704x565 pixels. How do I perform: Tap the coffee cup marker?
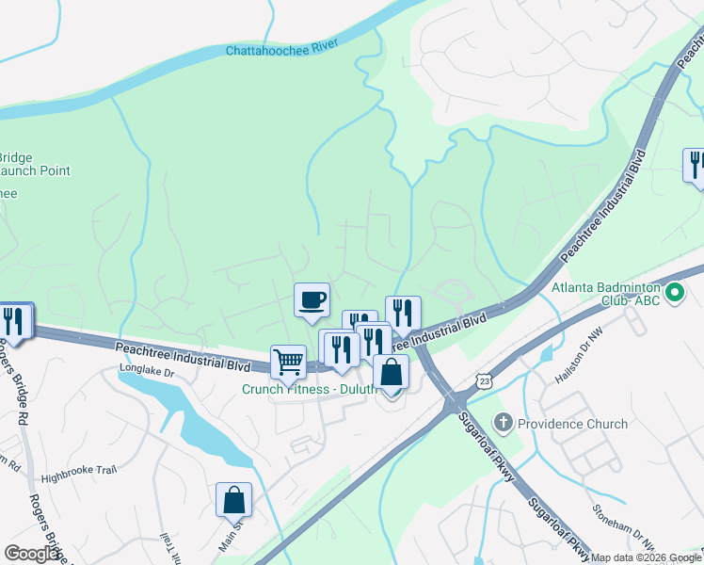click(312, 300)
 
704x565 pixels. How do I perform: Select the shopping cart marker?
click(288, 362)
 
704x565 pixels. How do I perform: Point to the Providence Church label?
click(573, 424)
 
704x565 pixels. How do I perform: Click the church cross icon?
click(504, 423)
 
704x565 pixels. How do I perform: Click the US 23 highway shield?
click(484, 379)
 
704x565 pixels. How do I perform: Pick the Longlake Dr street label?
click(147, 372)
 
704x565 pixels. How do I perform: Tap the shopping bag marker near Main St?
click(233, 500)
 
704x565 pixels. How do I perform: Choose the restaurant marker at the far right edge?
click(695, 165)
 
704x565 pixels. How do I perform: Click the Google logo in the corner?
click(31, 554)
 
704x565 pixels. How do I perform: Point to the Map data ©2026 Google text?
click(645, 557)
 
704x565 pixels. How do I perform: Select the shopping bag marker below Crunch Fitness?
click(391, 373)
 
